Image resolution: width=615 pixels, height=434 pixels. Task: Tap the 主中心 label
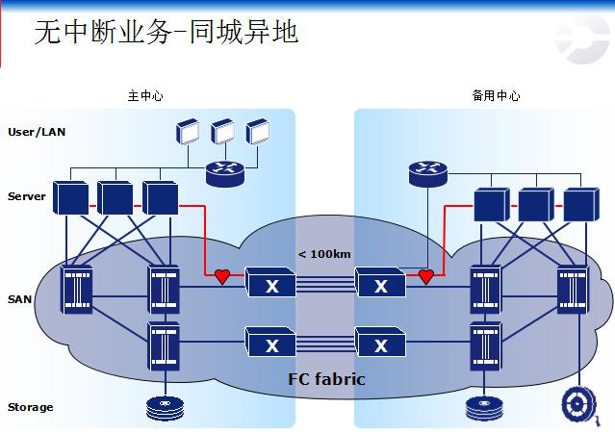[145, 96]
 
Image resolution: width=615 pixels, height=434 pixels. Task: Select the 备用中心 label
[496, 96]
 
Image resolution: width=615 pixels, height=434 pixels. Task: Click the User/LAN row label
[38, 131]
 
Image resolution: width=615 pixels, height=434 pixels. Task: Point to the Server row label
[27, 196]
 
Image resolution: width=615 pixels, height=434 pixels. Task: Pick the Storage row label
[31, 407]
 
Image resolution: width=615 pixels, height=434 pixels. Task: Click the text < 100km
[323, 254]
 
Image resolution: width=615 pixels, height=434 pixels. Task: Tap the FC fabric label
[327, 378]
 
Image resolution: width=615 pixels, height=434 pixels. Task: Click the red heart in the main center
[222, 277]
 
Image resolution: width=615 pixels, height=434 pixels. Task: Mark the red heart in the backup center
[426, 277]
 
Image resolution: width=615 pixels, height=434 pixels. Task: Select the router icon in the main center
[225, 173]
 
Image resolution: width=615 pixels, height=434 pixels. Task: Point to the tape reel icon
[580, 404]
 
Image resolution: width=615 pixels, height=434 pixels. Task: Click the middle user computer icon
[223, 132]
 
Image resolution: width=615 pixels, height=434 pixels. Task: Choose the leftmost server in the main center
[70, 197]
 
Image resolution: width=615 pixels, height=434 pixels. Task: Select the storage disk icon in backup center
[485, 408]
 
